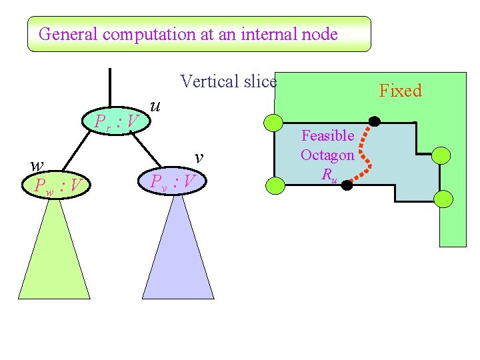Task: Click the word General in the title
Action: coord(64,34)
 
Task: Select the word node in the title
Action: coord(319,34)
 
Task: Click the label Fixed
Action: coord(400,91)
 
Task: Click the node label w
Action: coord(37,165)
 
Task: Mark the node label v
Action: coord(199,157)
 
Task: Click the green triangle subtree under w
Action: coord(53,253)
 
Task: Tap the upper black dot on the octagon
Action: coord(375,121)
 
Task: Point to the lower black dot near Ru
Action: coord(347,186)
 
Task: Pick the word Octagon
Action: coord(327,155)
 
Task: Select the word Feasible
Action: coord(327,136)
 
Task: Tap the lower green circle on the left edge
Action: coord(274,186)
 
